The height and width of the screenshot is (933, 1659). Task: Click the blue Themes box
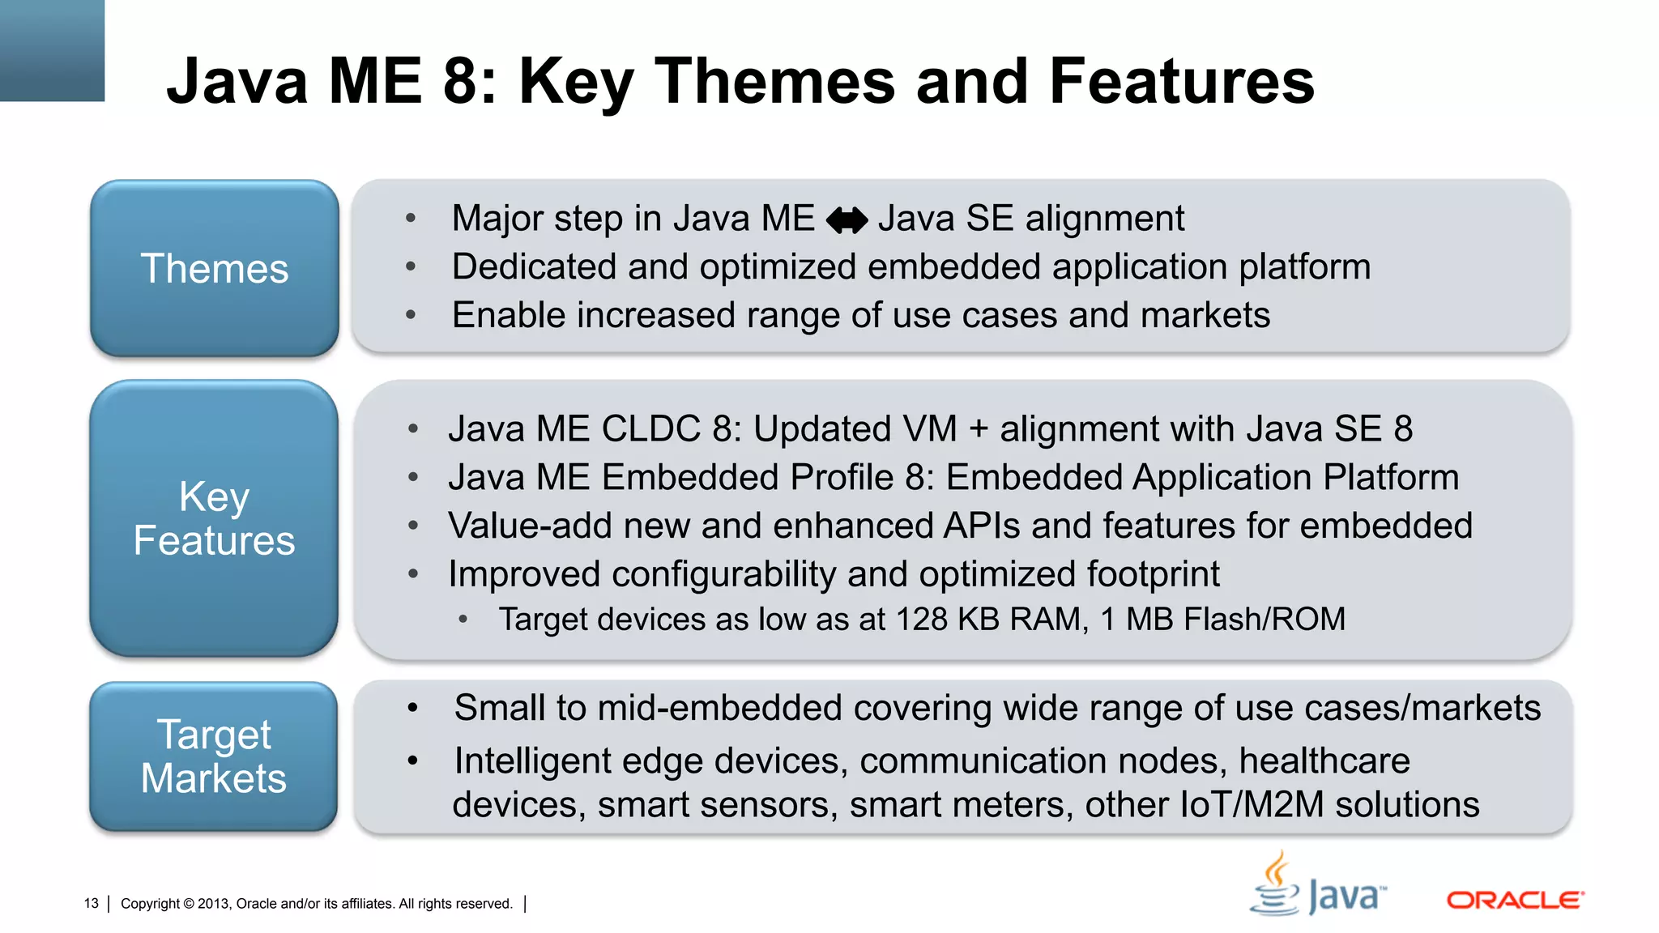pyautogui.click(x=214, y=268)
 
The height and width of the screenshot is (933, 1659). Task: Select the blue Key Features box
pyautogui.click(x=214, y=518)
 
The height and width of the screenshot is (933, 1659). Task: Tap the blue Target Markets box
pyautogui.click(x=214, y=756)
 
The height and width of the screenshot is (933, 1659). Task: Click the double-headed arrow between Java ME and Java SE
pyautogui.click(x=847, y=219)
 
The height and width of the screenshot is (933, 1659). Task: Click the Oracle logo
pyautogui.click(x=1515, y=900)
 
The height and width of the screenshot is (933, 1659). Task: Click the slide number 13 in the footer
pyautogui.click(x=91, y=903)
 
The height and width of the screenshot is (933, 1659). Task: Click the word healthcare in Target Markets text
pyautogui.click(x=1324, y=761)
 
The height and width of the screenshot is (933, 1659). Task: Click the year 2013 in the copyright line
pyautogui.click(x=213, y=903)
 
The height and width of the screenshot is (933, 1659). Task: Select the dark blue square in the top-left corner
pyautogui.click(x=52, y=50)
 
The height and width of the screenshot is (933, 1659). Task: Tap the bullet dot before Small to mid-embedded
pyautogui.click(x=412, y=708)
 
